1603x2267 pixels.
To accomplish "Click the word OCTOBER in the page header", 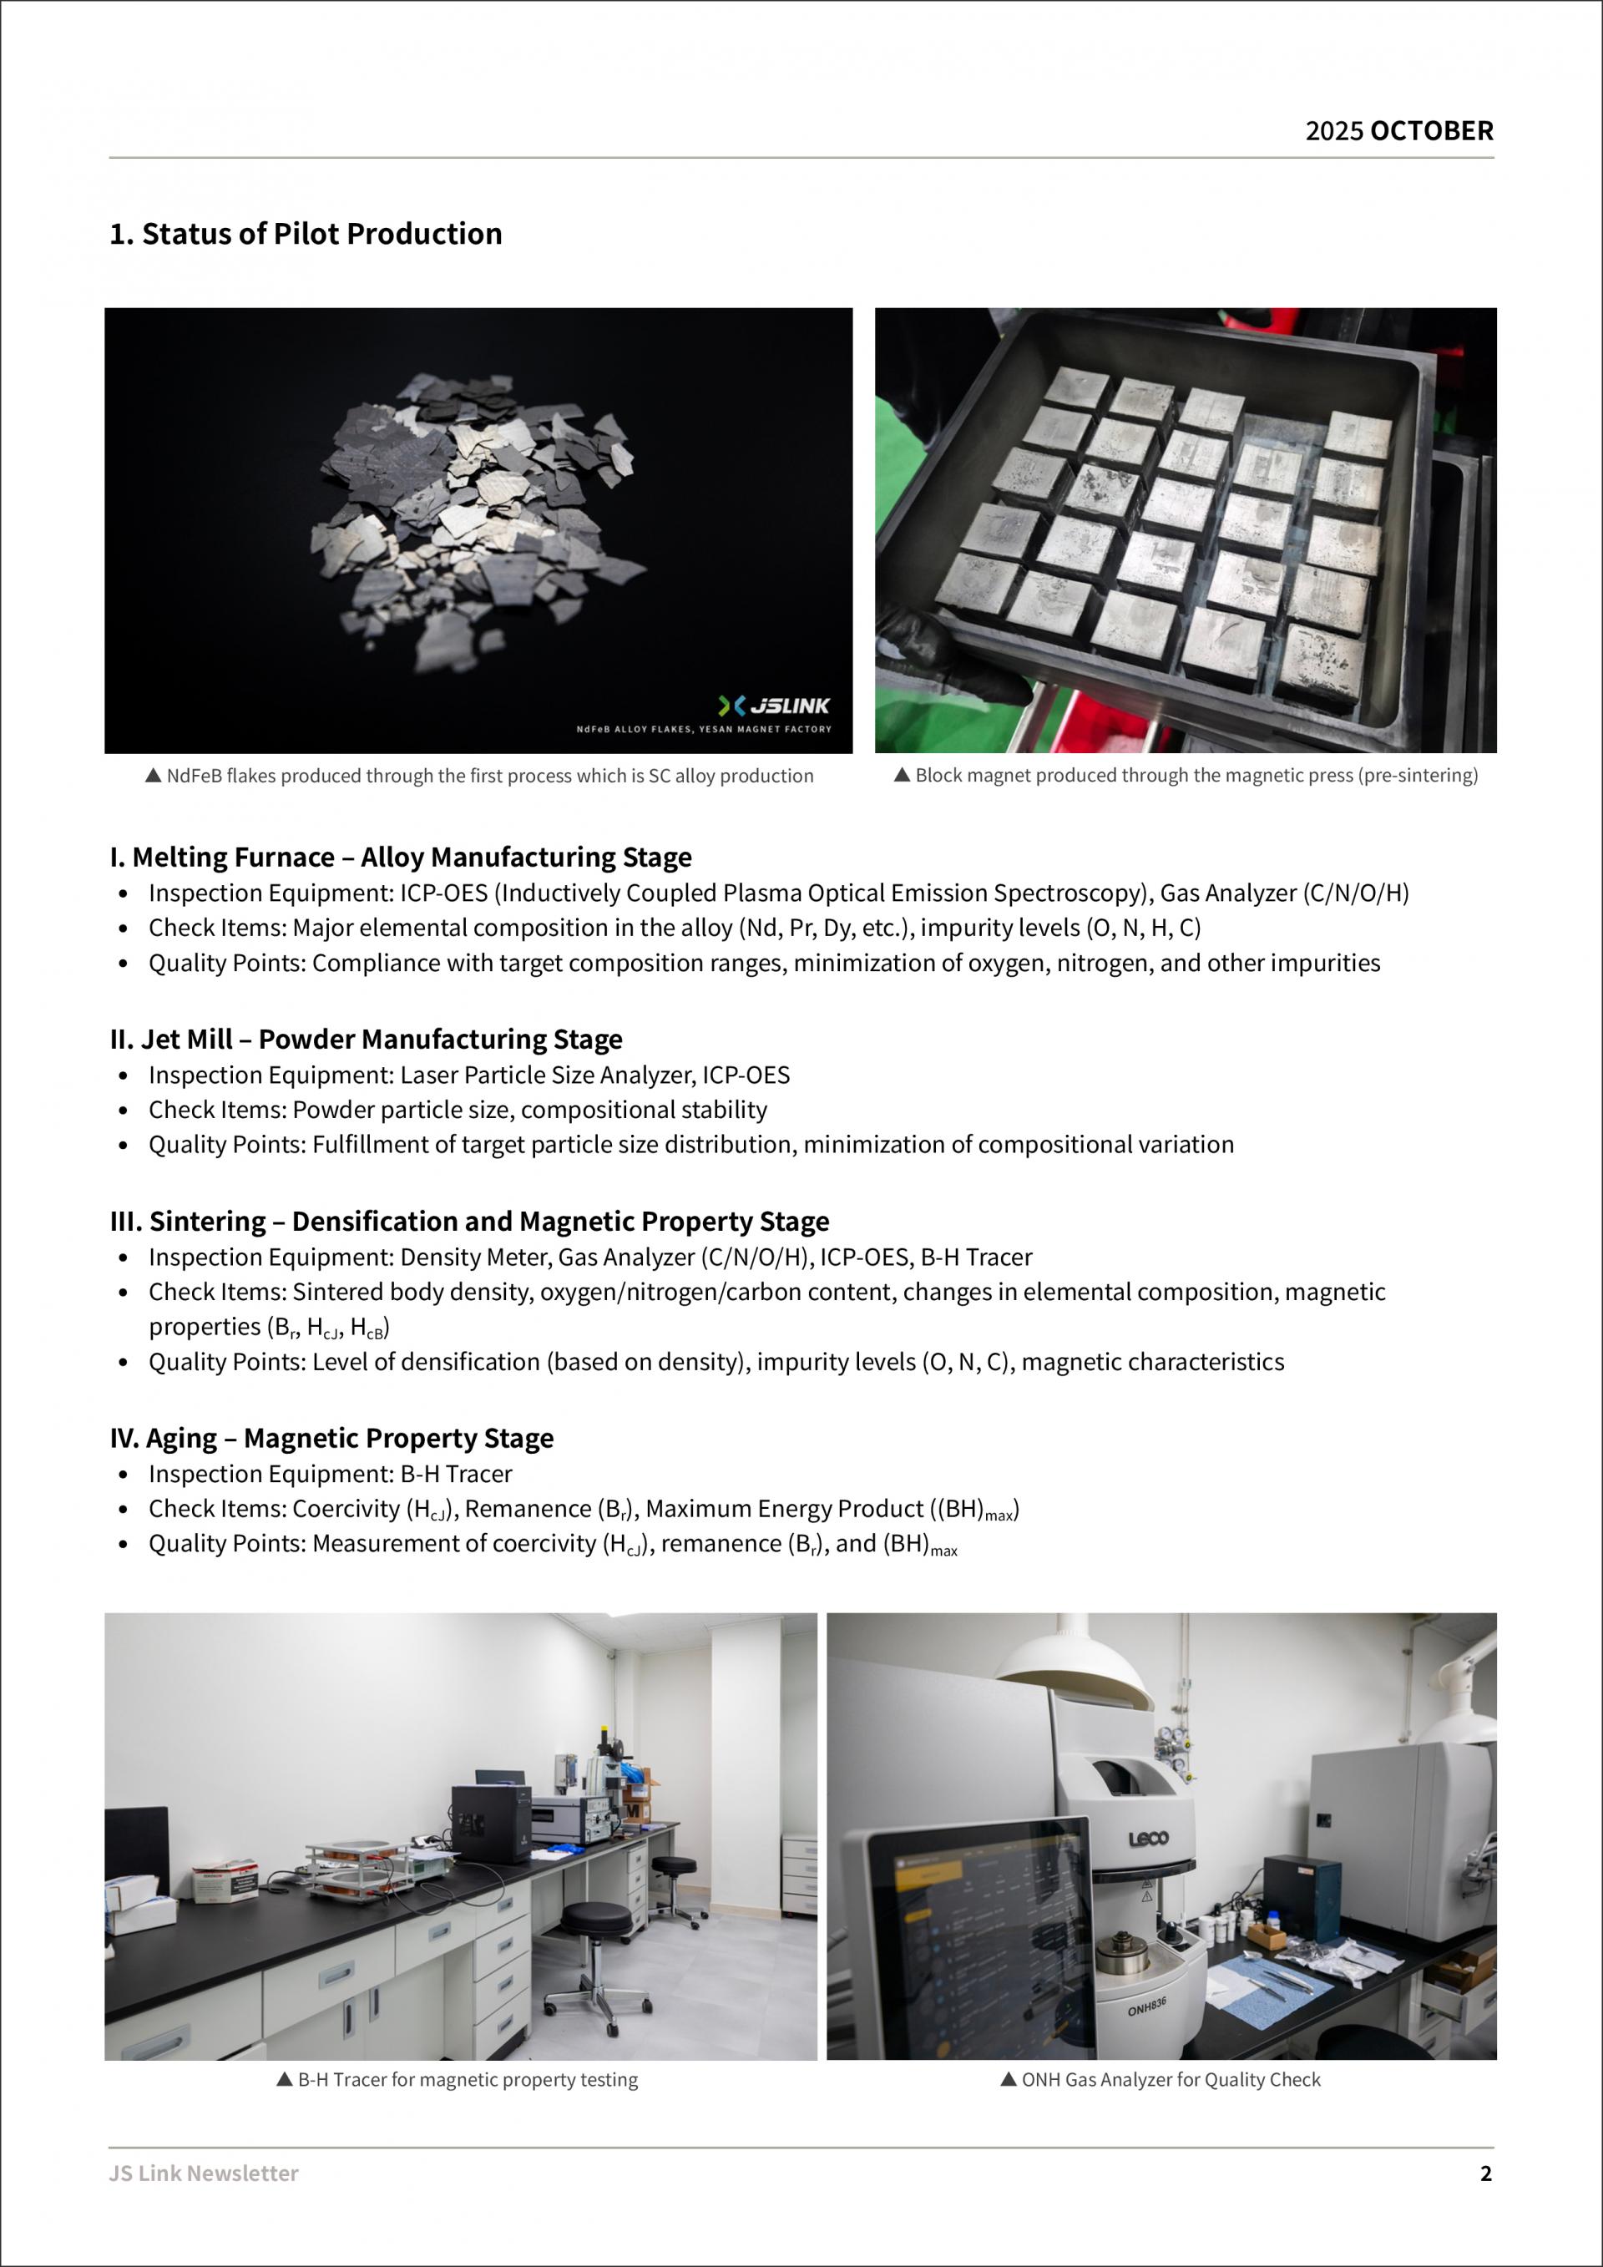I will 1431,131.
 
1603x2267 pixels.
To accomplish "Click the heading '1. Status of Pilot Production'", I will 306,234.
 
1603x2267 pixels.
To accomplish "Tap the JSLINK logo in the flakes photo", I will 775,705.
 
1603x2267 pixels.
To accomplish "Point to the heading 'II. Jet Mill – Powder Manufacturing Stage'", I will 367,1039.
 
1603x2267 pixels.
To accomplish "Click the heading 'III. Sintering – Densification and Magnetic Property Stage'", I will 470,1222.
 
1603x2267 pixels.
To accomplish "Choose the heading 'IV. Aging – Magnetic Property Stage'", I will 331,1438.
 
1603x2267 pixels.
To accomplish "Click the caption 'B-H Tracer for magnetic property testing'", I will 468,2079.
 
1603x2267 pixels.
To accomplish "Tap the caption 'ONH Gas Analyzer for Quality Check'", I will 1171,2079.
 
